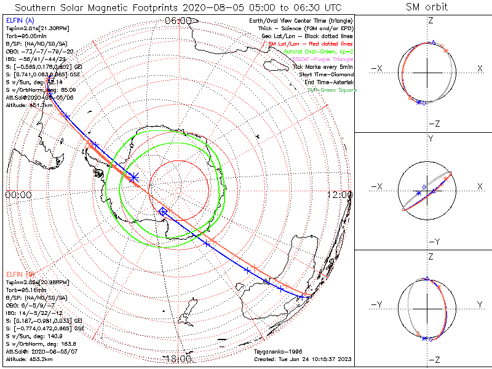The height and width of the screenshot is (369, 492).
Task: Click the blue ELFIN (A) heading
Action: (21, 20)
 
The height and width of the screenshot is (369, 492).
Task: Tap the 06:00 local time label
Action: (178, 20)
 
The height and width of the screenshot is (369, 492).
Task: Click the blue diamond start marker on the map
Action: (163, 212)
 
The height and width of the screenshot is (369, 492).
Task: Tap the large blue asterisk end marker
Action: (133, 177)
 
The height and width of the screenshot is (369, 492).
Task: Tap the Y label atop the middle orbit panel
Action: (430, 138)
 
